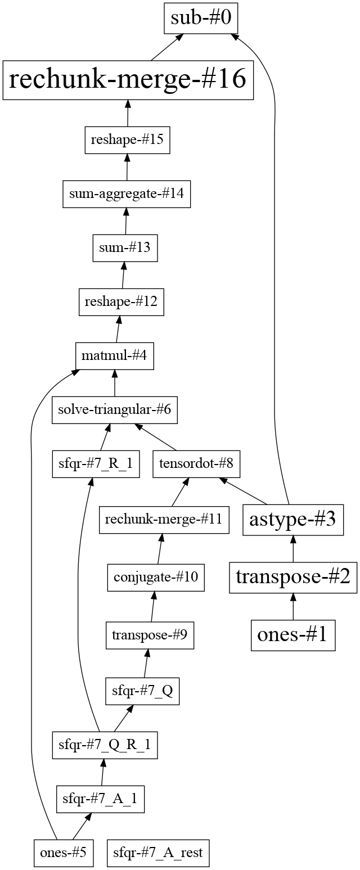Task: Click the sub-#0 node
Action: click(x=201, y=18)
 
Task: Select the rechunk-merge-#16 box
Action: click(x=128, y=80)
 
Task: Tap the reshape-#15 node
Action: click(x=127, y=140)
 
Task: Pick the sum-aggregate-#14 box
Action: click(x=127, y=194)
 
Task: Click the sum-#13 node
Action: click(x=125, y=248)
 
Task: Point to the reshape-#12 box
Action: click(x=121, y=302)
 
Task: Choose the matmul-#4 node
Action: click(x=115, y=356)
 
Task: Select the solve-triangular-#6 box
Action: click(x=115, y=410)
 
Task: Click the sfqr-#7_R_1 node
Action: click(x=96, y=464)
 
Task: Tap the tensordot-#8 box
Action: click(x=196, y=464)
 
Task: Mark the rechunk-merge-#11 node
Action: click(x=164, y=520)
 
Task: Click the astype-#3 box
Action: click(x=293, y=520)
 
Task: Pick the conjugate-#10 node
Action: click(x=156, y=578)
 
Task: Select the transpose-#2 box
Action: click(x=293, y=578)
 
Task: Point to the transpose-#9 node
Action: click(x=150, y=635)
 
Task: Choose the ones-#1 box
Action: click(x=293, y=635)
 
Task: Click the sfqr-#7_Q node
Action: click(x=142, y=691)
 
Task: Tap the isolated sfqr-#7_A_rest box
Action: click(x=158, y=853)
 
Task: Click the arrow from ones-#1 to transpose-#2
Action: click(x=293, y=607)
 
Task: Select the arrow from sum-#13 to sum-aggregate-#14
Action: click(x=126, y=221)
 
